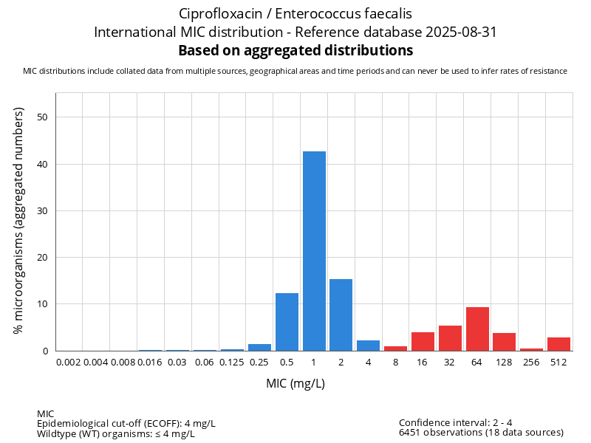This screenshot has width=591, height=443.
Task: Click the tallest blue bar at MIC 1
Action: (x=314, y=251)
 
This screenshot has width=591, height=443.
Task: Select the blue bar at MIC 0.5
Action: (x=287, y=322)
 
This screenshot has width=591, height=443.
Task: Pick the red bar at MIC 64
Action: (x=477, y=329)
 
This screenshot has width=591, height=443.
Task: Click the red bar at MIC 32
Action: (x=450, y=338)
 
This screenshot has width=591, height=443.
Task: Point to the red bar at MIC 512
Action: (x=558, y=344)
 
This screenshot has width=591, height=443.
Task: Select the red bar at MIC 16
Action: (x=423, y=341)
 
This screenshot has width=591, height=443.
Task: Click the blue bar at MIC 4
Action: (x=368, y=346)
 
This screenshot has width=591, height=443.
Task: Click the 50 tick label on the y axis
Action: (x=43, y=117)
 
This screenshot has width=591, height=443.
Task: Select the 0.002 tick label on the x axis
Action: (x=69, y=363)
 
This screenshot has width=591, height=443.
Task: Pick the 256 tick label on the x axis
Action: (x=531, y=363)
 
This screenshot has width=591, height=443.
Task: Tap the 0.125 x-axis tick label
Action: (x=232, y=363)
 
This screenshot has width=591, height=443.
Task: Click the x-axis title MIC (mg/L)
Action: (x=295, y=384)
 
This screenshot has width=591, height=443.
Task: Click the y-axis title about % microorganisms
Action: (x=19, y=219)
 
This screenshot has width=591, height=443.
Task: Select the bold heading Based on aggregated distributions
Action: (x=295, y=51)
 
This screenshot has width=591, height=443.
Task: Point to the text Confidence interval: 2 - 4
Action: (x=455, y=422)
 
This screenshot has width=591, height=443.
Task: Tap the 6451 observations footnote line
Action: (x=481, y=432)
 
